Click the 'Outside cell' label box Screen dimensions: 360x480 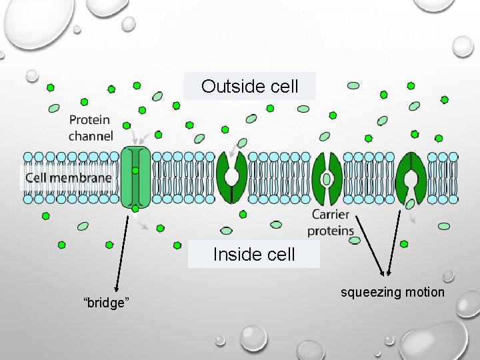(250, 86)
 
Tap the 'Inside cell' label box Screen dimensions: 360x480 (254, 254)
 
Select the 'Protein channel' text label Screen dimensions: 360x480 (91, 128)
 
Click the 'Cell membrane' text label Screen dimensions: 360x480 (69, 177)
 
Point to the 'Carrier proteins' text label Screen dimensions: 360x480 (331, 223)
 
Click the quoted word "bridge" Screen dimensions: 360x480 (106, 303)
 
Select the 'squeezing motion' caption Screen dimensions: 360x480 (393, 292)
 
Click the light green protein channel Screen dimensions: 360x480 (135, 177)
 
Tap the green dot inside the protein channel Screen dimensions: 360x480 (135, 171)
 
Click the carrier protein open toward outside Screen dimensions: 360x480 (231, 177)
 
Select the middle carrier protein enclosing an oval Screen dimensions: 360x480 (327, 178)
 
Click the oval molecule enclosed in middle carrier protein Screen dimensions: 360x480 (327, 179)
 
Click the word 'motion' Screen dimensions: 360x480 (425, 292)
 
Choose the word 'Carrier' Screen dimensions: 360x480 (331, 216)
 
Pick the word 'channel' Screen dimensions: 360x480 (91, 135)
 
